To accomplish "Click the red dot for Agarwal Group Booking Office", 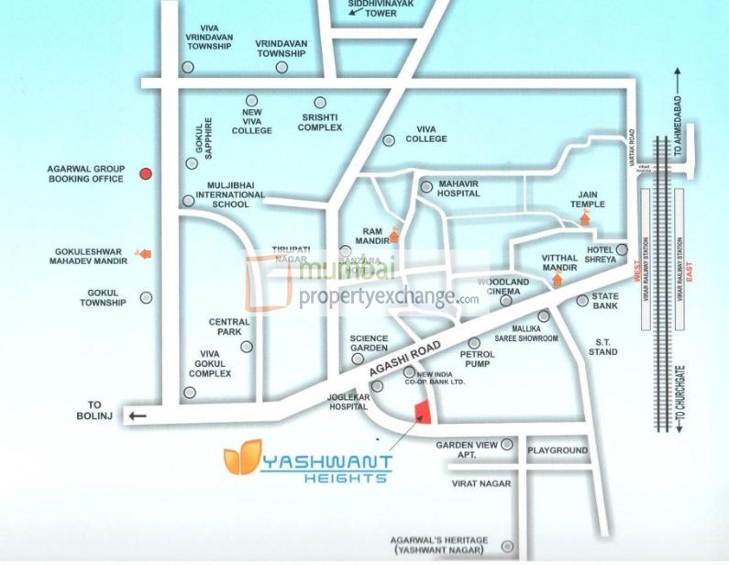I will [145, 173].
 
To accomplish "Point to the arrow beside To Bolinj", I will [138, 415].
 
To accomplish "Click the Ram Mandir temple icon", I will [393, 235].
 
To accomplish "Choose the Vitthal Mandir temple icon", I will [556, 279].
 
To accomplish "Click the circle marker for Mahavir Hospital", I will [426, 186].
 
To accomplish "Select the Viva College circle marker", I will [389, 140].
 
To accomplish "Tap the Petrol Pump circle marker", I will [474, 342].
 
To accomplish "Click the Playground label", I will [558, 450].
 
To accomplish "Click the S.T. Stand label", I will [602, 347].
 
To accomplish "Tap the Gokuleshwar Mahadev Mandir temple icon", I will [144, 253].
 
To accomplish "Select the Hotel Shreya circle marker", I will [622, 249].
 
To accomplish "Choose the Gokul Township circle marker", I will [146, 297].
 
